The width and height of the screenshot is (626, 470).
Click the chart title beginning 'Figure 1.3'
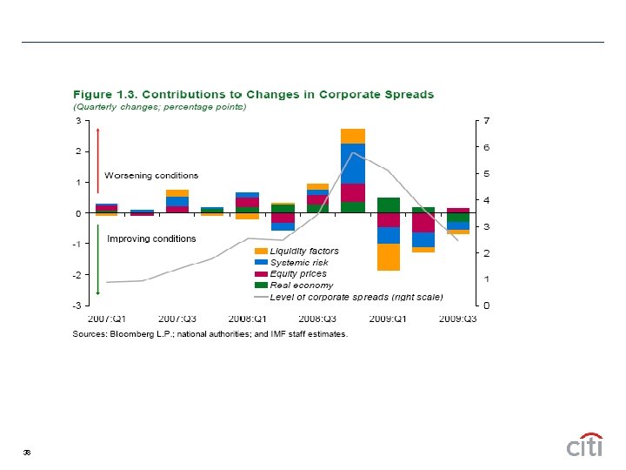tap(253, 94)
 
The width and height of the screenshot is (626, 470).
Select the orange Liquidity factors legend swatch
tap(261, 252)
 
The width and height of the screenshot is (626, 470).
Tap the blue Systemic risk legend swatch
tap(261, 263)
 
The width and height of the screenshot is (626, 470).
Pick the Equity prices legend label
tap(298, 274)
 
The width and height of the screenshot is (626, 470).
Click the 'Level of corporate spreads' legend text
tap(356, 297)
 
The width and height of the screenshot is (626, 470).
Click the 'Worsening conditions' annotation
tap(151, 176)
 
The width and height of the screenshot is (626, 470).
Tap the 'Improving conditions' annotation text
tap(151, 238)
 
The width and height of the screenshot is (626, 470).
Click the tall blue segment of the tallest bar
tap(353, 164)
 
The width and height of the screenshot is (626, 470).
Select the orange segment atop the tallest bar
tap(353, 136)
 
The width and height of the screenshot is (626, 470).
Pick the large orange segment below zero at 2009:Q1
tap(389, 258)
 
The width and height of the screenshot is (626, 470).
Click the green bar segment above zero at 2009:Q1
tap(389, 205)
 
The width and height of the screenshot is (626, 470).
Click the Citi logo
tap(584, 445)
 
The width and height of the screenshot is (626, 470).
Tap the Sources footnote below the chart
tap(210, 333)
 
